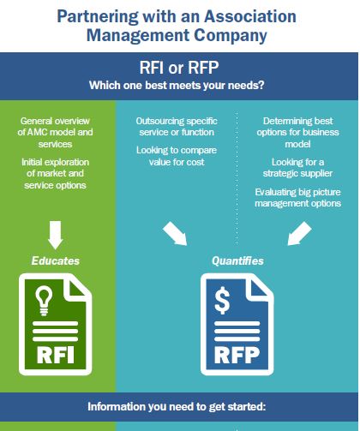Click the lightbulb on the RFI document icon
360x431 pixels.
click(44, 301)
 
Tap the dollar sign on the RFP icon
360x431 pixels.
click(222, 301)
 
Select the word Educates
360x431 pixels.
click(56, 260)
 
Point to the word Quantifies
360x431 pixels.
click(237, 260)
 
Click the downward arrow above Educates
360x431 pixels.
click(56, 235)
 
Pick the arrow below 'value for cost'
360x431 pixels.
click(175, 233)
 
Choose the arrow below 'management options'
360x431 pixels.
click(299, 233)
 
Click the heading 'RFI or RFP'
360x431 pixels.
click(179, 68)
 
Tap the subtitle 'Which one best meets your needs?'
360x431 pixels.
click(177, 86)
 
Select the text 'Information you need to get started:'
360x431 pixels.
click(177, 406)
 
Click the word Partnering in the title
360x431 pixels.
click(98, 17)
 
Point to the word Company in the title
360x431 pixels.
click(231, 36)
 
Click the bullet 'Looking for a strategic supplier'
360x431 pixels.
click(297, 168)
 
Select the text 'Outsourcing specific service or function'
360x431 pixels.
click(177, 127)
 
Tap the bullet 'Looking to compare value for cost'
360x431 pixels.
click(177, 156)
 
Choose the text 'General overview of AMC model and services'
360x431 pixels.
click(55, 132)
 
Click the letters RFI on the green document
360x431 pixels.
click(56, 355)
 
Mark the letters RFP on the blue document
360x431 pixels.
click(237, 355)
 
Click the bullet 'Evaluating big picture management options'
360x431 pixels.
click(297, 197)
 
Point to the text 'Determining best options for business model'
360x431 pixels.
click(297, 132)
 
